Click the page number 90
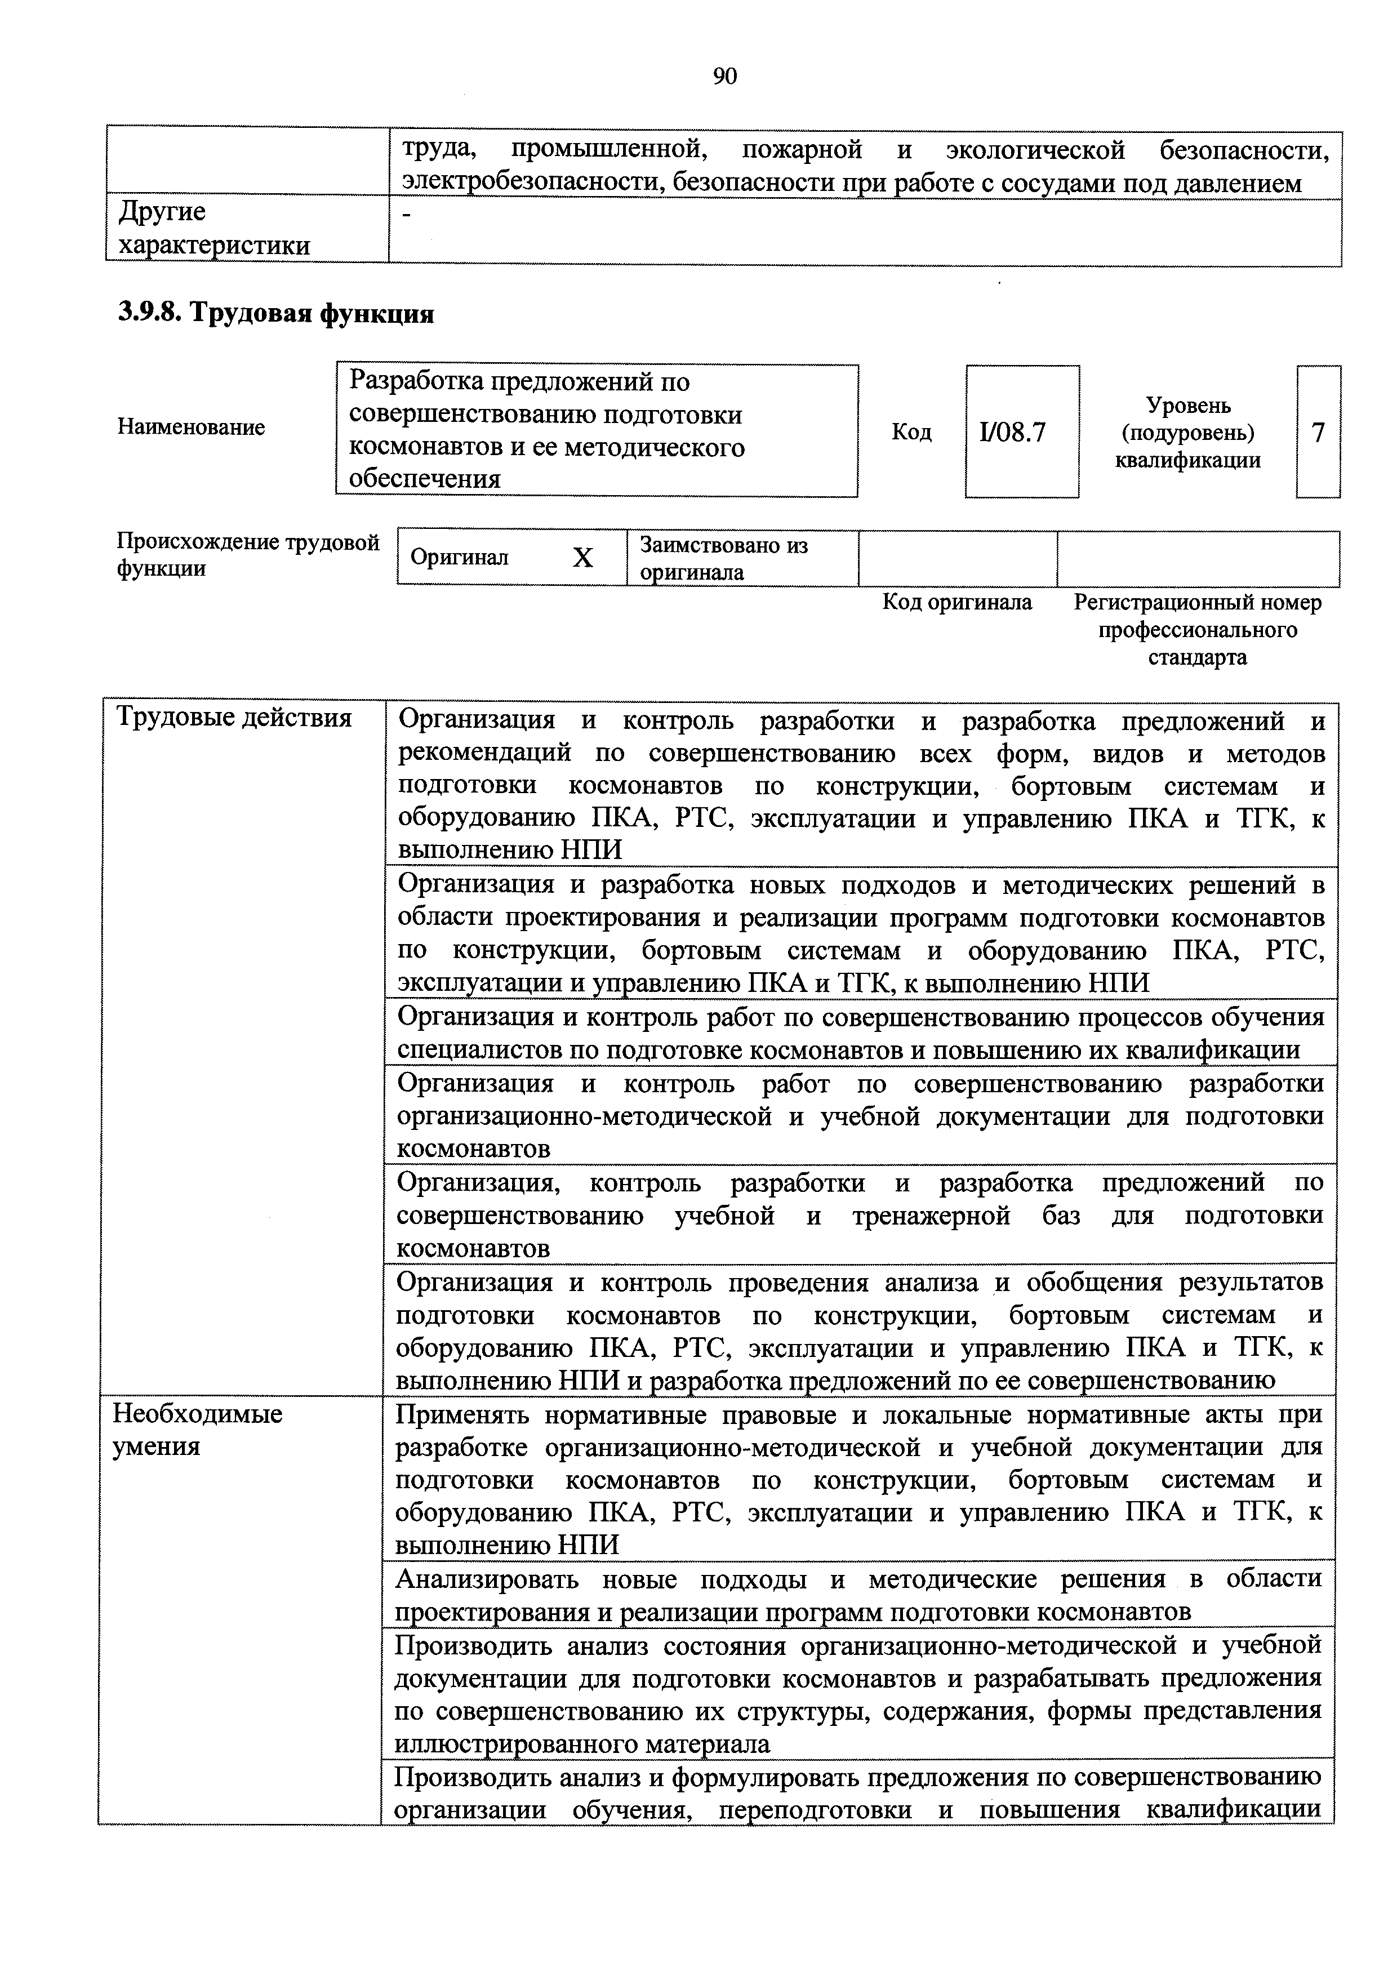tap(725, 78)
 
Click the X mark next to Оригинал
tap(582, 558)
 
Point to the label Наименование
tap(191, 428)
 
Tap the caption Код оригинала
tap(957, 603)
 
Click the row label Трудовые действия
tap(234, 717)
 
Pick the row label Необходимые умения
tap(198, 1430)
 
